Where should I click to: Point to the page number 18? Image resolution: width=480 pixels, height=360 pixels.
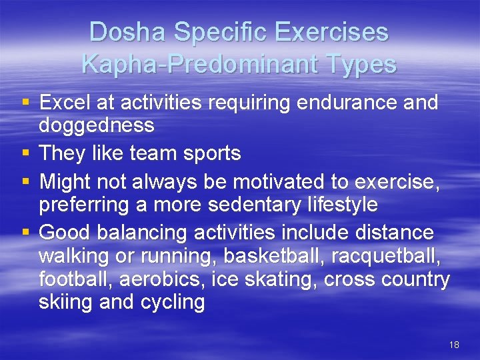tap(454, 345)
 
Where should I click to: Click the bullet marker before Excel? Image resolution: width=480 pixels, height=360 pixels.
tap(25, 103)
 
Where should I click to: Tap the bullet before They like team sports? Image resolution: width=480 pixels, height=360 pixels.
tap(25, 154)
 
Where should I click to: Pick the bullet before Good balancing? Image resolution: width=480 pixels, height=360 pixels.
tap(25, 233)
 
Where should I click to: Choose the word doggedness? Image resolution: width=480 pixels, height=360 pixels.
tap(97, 125)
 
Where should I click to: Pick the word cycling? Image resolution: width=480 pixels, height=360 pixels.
tap(173, 302)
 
